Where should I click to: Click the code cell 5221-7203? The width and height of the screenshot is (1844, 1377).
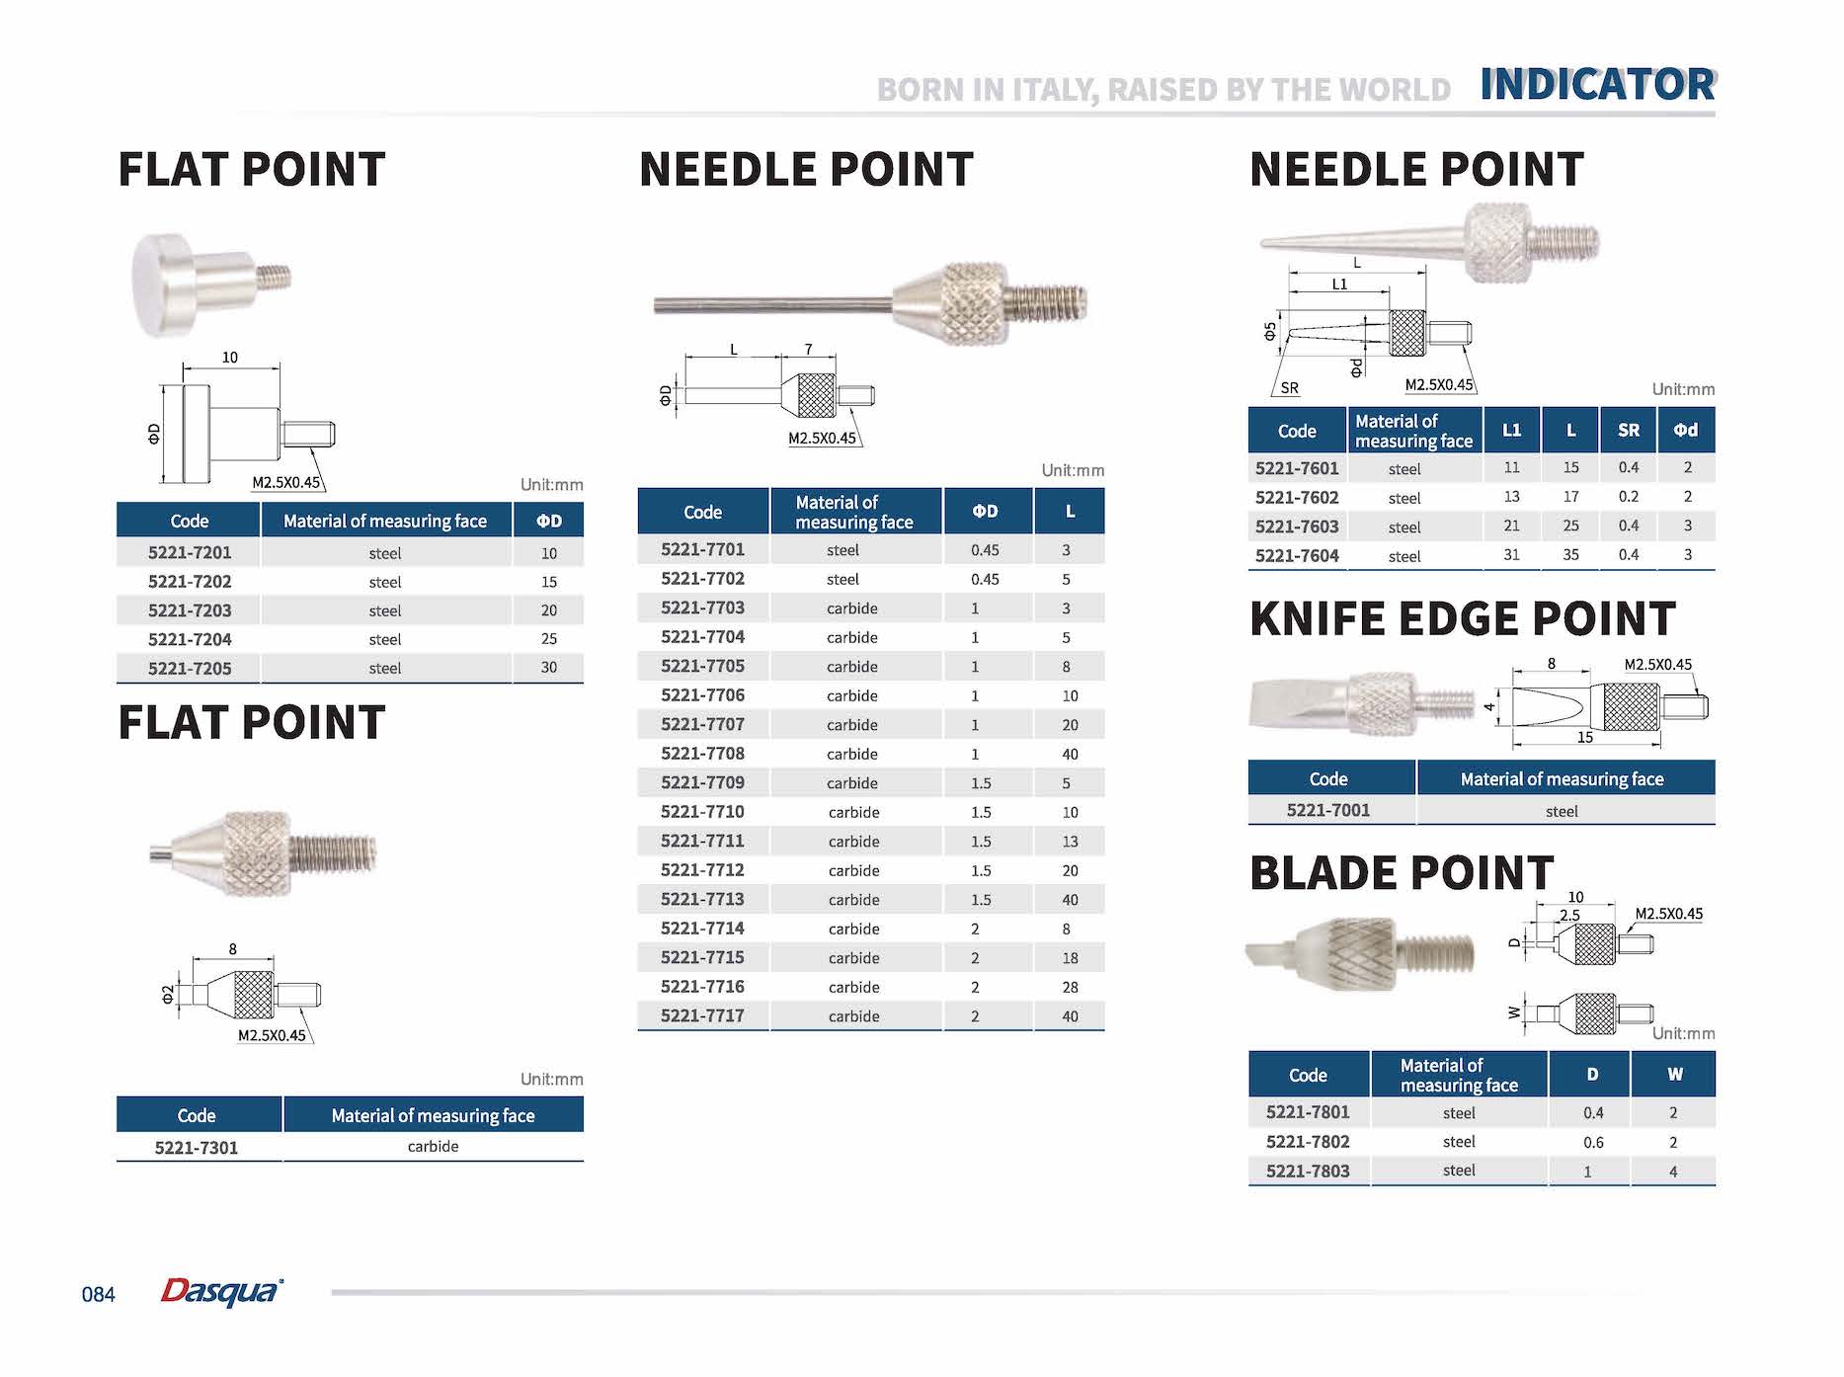[190, 610]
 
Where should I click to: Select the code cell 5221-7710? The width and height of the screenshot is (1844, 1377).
[702, 812]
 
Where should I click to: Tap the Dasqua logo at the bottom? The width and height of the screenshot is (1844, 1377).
[221, 1291]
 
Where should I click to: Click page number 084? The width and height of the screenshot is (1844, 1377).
[98, 1295]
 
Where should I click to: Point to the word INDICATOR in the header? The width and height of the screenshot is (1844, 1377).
[1597, 85]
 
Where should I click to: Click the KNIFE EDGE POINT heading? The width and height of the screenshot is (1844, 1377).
[1462, 619]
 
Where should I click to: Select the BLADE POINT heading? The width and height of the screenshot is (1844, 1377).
[1402, 873]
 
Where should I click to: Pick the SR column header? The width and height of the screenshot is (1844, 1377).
[1628, 431]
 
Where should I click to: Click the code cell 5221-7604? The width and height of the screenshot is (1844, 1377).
[1297, 556]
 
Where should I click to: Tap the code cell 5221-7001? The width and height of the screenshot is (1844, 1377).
[1327, 811]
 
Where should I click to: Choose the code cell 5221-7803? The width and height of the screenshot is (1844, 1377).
[1307, 1172]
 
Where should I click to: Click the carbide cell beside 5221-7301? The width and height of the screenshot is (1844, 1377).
[433, 1147]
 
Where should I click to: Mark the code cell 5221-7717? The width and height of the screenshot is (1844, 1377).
[702, 1016]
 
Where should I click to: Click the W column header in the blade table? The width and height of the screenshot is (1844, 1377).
[1674, 1075]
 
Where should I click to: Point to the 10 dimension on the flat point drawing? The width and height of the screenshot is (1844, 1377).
[230, 358]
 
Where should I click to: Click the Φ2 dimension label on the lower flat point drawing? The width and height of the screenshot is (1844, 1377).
[168, 995]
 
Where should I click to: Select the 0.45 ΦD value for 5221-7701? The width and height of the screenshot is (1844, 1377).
[985, 550]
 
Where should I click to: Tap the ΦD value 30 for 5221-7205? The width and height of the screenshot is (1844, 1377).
[548, 668]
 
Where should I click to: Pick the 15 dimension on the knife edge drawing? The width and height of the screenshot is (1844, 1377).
[1584, 737]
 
